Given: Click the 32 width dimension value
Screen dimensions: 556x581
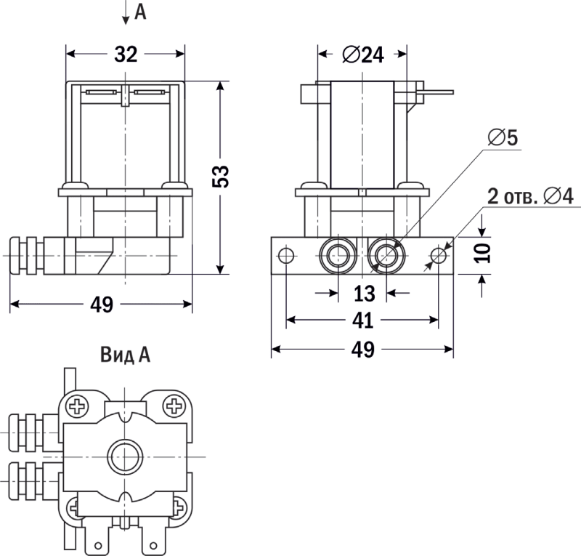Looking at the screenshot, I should tap(126, 55).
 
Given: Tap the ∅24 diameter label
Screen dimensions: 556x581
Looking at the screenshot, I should tap(362, 55).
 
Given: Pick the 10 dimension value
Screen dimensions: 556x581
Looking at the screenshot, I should tap(485, 253).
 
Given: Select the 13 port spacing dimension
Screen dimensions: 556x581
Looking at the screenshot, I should tap(363, 294).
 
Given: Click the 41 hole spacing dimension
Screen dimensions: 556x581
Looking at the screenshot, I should tap(363, 321).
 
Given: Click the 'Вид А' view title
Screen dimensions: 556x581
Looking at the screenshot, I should tap(125, 355).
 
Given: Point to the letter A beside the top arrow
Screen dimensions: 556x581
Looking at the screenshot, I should tap(140, 12).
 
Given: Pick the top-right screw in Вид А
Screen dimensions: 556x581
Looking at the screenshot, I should tap(174, 406).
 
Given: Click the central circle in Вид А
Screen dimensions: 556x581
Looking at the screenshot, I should tap(126, 456).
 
